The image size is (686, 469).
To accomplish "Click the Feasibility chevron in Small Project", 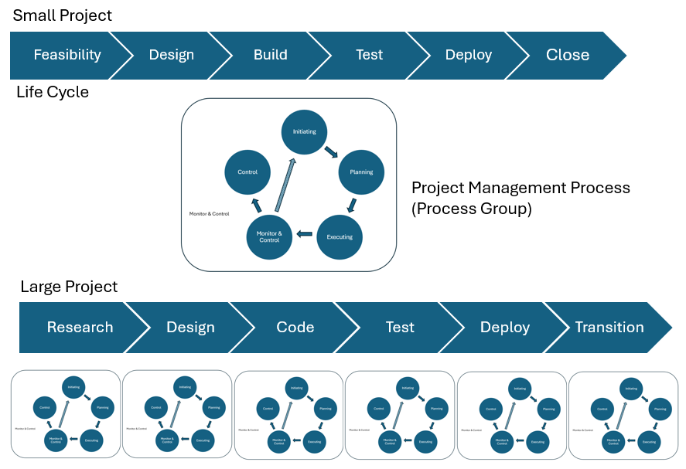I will click(67, 55).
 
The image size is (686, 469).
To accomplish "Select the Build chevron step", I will click(270, 55).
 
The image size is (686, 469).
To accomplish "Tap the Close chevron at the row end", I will click(568, 55).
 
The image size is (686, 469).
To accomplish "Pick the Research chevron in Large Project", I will click(80, 327).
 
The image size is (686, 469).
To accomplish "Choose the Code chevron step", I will click(295, 327).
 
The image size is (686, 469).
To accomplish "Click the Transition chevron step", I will click(609, 327).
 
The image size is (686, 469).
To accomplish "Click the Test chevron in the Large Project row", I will click(400, 327).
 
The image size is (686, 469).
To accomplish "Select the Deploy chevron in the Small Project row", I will click(468, 55).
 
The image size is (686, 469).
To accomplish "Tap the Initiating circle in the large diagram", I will click(304, 131).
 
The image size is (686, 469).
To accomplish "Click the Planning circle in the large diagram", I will click(361, 172).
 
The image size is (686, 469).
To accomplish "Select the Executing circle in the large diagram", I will click(340, 236).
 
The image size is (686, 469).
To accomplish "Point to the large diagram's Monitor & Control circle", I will click(269, 236).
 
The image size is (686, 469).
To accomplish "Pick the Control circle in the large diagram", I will click(247, 172).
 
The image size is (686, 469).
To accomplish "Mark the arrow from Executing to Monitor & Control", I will click(305, 233).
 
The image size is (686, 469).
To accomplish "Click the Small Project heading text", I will click(62, 15).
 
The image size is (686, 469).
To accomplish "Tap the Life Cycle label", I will click(52, 92).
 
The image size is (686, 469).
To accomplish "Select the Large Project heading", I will click(69, 287).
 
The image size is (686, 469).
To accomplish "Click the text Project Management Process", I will click(520, 188).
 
